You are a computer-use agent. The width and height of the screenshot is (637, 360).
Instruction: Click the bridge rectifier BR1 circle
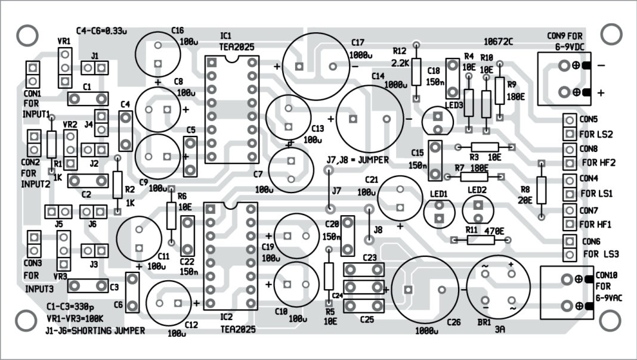[x=497, y=287]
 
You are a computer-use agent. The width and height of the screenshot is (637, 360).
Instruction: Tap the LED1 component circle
[x=440, y=211]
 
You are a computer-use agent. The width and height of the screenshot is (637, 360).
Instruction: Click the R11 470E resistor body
[x=481, y=240]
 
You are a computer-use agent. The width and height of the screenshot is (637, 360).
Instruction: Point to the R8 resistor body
[x=541, y=190]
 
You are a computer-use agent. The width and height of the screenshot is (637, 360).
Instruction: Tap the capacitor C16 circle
[x=158, y=54]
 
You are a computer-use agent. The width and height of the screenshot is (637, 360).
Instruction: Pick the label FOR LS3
[x=600, y=253]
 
